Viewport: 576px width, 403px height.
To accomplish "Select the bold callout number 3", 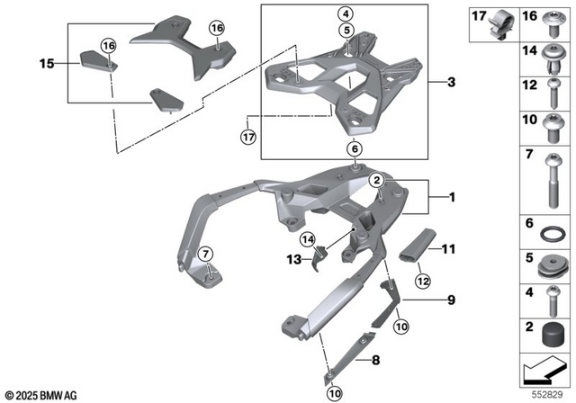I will (453, 83).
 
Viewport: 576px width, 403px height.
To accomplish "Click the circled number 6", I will (354, 149).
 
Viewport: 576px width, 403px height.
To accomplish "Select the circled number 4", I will (346, 13).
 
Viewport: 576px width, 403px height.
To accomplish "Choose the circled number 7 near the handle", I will (204, 253).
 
